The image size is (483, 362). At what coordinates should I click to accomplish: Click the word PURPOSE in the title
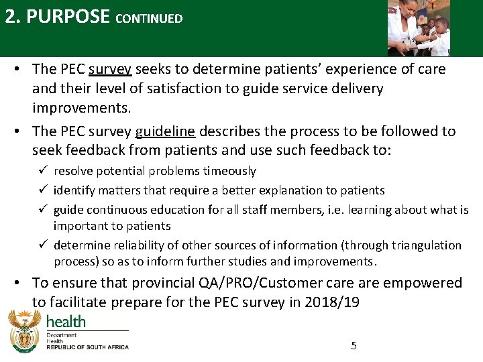click(68, 16)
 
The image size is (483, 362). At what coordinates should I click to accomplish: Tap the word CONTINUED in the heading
click(149, 19)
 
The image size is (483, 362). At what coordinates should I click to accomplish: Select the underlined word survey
click(110, 70)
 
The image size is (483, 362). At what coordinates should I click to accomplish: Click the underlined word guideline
click(165, 131)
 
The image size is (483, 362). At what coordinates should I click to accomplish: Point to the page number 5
click(354, 346)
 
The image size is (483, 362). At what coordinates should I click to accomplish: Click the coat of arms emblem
click(25, 331)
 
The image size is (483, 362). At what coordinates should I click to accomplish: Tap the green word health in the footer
click(66, 322)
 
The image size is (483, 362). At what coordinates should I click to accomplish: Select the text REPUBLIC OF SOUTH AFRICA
click(87, 347)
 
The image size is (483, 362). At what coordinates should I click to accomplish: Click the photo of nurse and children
click(419, 28)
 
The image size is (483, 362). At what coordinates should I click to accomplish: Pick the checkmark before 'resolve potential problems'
click(43, 170)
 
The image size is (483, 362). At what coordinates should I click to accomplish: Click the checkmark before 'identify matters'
click(43, 189)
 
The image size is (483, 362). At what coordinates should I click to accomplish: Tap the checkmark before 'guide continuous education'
click(43, 208)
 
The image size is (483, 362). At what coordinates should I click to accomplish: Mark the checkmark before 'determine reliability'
click(43, 244)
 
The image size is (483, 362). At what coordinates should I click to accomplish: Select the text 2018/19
click(332, 302)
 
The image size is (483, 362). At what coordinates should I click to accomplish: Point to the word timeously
click(229, 171)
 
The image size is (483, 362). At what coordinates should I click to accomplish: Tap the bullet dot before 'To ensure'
click(17, 282)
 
